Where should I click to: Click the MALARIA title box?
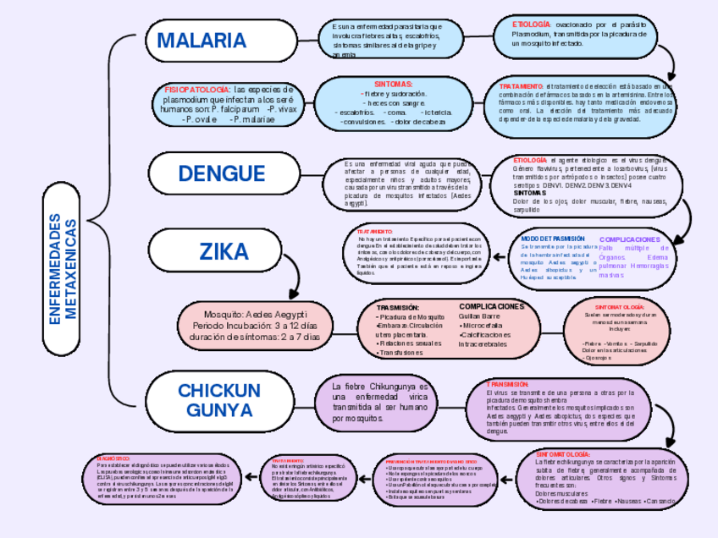click(x=202, y=41)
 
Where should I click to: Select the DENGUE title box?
click(x=222, y=173)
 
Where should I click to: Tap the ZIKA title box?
click(x=224, y=251)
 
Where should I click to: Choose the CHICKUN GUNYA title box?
click(x=219, y=400)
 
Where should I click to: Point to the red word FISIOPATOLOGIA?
click(x=196, y=89)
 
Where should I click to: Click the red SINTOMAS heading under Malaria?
click(x=393, y=85)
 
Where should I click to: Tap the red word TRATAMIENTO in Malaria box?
click(x=521, y=86)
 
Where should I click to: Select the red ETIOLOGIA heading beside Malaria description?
click(x=531, y=25)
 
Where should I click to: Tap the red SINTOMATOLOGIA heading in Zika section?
click(x=620, y=307)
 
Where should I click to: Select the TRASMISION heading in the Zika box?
click(x=397, y=307)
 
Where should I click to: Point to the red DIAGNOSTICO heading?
click(x=113, y=458)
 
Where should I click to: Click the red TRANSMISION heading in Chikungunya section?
click(x=508, y=384)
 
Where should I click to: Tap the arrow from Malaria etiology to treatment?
click(x=669, y=61)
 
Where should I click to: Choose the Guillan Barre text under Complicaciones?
click(x=479, y=316)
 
